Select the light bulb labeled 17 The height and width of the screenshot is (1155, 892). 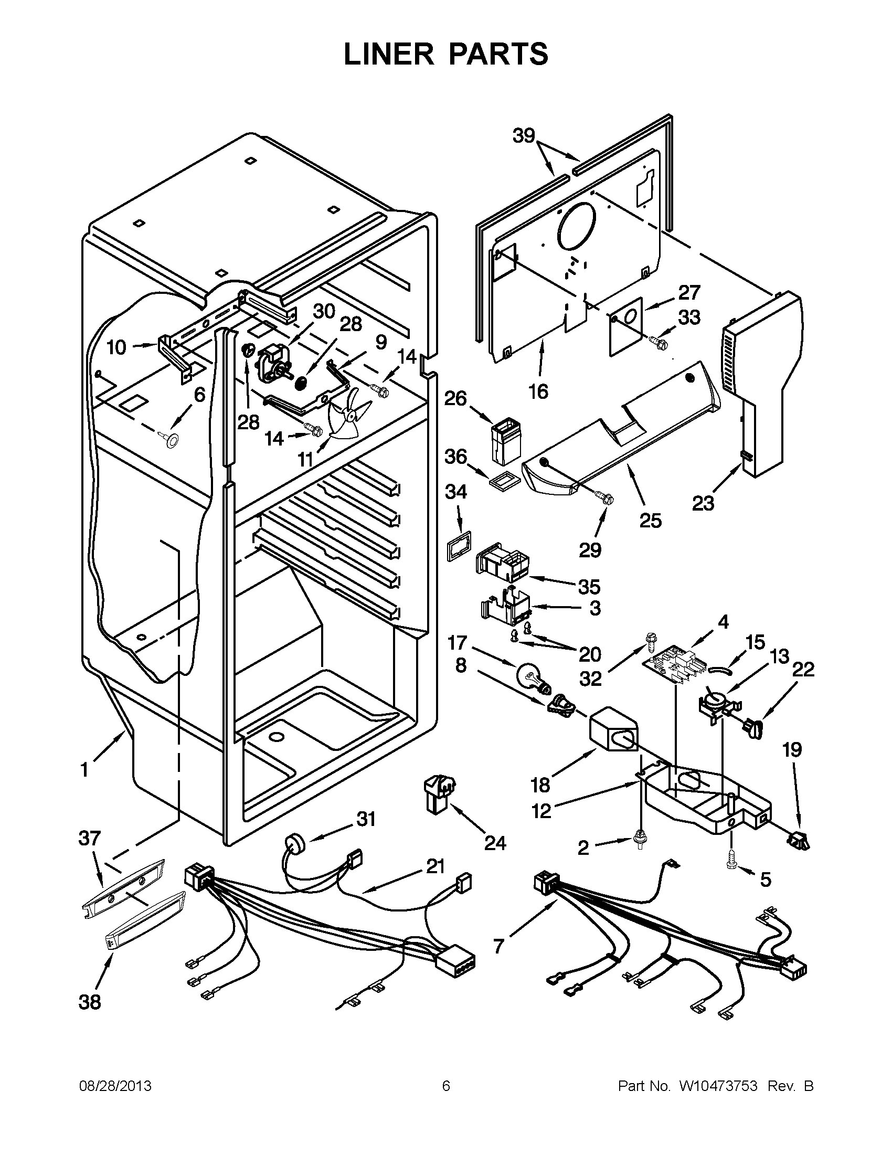pyautogui.click(x=532, y=679)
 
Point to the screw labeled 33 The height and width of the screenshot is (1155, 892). pyautogui.click(x=658, y=342)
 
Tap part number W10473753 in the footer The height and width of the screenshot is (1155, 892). pyautogui.click(x=715, y=1086)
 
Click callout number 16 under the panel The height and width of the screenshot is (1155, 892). pyautogui.click(x=538, y=391)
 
